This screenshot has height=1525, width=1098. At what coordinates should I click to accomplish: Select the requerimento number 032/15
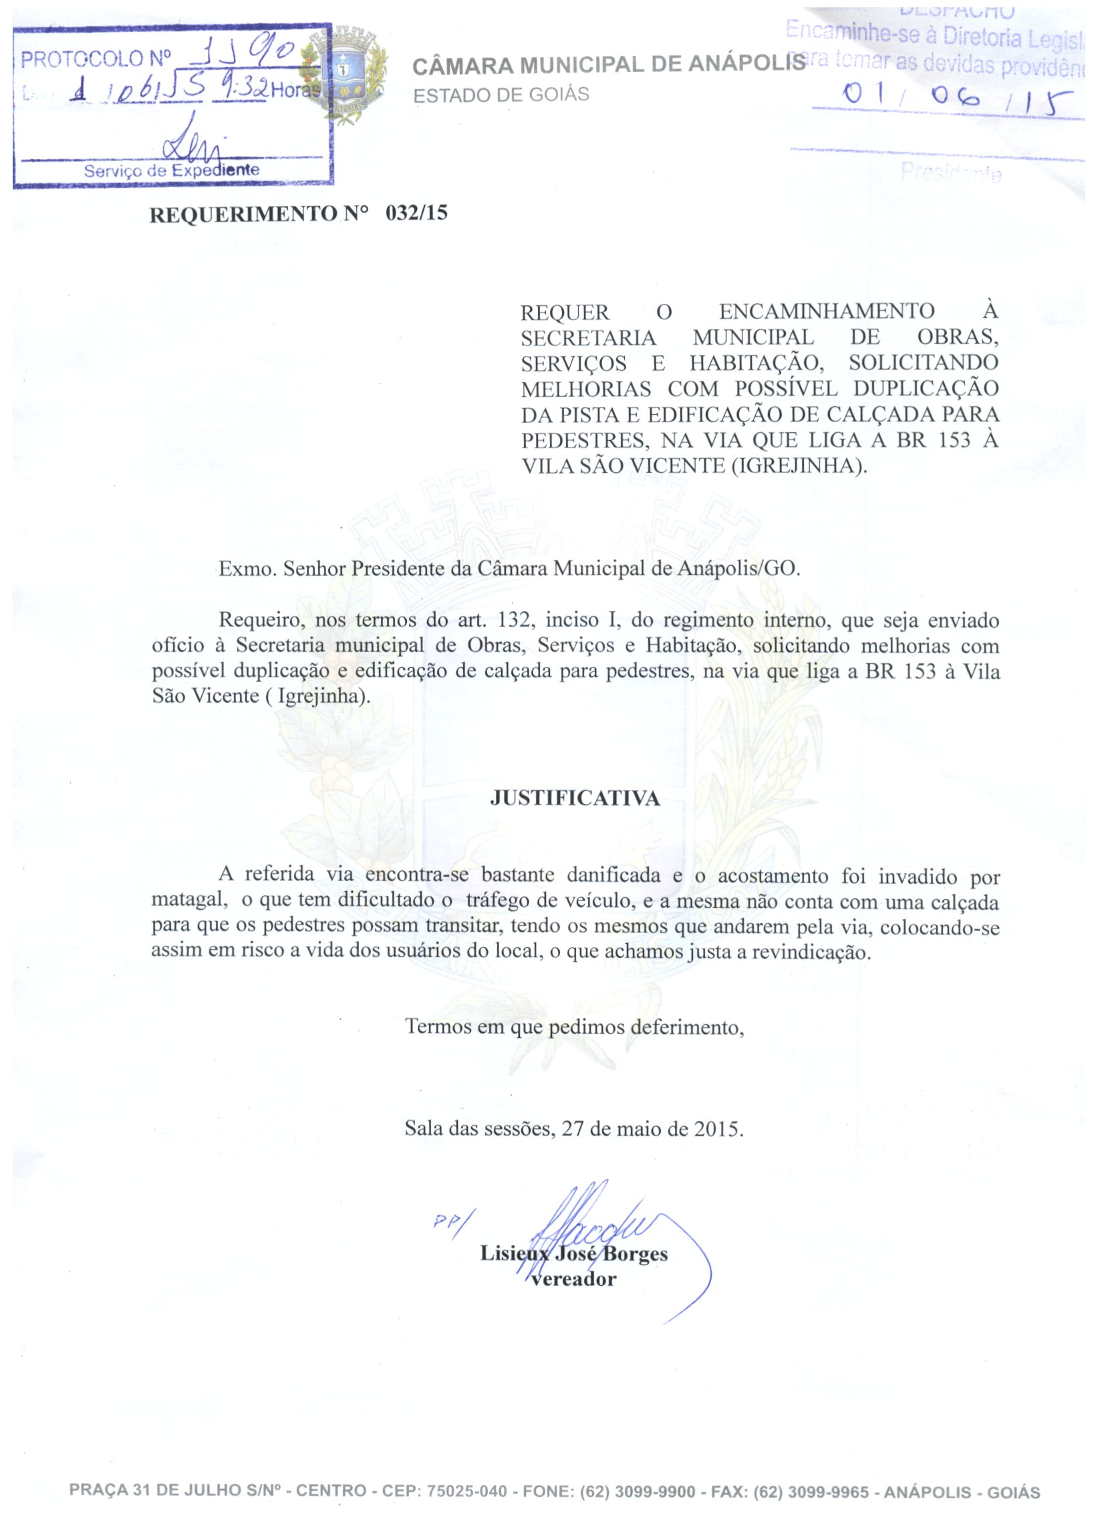pyautogui.click(x=416, y=213)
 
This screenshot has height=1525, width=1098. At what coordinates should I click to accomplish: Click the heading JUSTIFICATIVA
pyautogui.click(x=575, y=798)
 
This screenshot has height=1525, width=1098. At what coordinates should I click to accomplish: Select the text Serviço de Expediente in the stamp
pyautogui.click(x=172, y=170)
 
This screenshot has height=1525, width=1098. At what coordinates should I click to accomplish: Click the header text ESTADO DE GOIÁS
pyautogui.click(x=501, y=95)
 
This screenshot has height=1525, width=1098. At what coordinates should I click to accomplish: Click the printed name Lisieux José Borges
pyautogui.click(x=573, y=1254)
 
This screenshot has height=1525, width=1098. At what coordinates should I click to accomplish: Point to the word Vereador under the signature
pyautogui.click(x=573, y=1279)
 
